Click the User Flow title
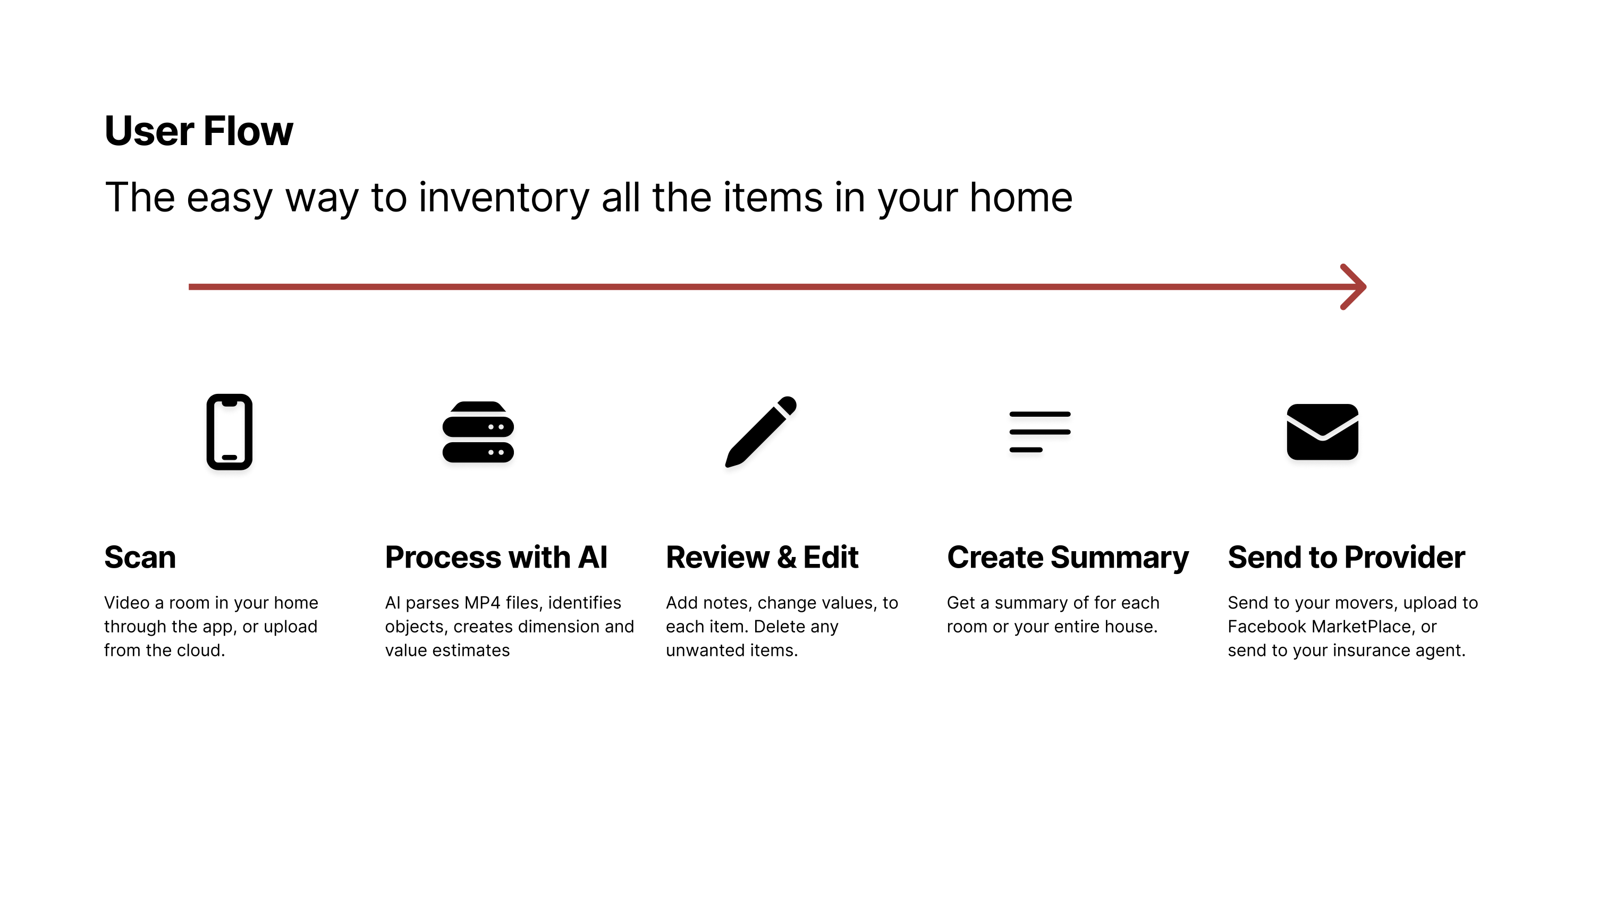click(198, 131)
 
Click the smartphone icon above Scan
click(230, 432)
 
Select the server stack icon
click(478, 432)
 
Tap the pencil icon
click(760, 432)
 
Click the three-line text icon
click(1039, 432)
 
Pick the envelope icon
click(1322, 432)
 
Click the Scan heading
click(140, 558)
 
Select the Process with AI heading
click(496, 558)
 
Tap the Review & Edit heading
click(763, 558)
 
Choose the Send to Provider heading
click(1347, 558)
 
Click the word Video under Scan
click(127, 603)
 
